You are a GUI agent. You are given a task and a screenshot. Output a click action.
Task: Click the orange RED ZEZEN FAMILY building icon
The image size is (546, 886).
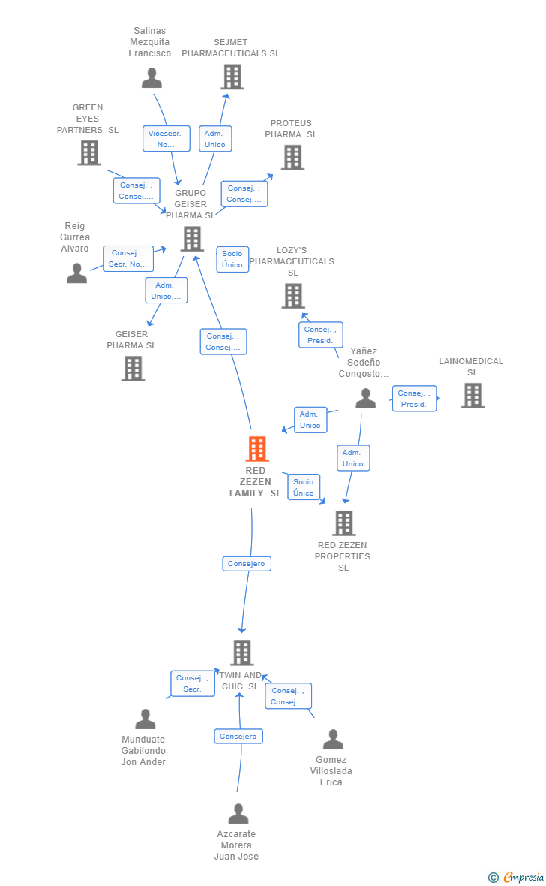point(257,449)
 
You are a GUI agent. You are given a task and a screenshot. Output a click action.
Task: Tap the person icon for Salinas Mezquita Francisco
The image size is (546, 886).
point(151,78)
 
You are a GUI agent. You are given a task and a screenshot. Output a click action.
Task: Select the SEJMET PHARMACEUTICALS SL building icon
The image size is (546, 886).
point(232,77)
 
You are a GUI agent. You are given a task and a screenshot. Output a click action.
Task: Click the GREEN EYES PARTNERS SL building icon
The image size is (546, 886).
point(89,152)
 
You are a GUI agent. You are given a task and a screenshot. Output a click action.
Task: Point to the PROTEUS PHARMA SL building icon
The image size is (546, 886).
point(292,157)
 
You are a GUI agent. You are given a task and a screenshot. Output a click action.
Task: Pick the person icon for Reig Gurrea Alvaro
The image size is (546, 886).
point(76,273)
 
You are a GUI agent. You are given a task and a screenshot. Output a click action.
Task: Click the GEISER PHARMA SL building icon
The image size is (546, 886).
point(133,368)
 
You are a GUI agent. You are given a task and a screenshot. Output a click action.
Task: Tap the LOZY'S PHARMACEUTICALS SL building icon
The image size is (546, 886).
point(293,296)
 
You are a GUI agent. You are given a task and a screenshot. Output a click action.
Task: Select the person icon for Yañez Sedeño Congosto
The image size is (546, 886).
point(365,399)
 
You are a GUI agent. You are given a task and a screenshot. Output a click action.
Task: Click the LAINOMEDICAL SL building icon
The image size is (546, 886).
point(472,396)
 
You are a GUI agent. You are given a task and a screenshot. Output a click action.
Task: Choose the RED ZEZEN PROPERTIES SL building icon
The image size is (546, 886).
point(343,523)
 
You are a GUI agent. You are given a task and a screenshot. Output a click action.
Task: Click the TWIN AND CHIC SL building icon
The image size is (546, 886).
point(241,652)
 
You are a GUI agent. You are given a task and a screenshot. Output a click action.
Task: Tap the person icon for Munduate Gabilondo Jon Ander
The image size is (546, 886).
point(145,719)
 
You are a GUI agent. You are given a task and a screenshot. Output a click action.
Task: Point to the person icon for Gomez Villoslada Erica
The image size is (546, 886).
point(332,740)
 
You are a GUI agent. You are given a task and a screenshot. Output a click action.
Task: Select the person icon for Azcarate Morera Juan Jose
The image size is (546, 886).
point(238,814)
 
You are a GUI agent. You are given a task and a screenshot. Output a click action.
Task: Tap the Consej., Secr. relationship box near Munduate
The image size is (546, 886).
point(193,683)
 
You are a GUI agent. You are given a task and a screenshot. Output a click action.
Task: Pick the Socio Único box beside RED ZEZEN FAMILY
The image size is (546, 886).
point(304,487)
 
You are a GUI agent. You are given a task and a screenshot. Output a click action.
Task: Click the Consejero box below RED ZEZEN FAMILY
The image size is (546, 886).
point(247,564)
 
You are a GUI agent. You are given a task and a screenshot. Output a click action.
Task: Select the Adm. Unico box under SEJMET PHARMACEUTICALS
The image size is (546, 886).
point(215,139)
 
